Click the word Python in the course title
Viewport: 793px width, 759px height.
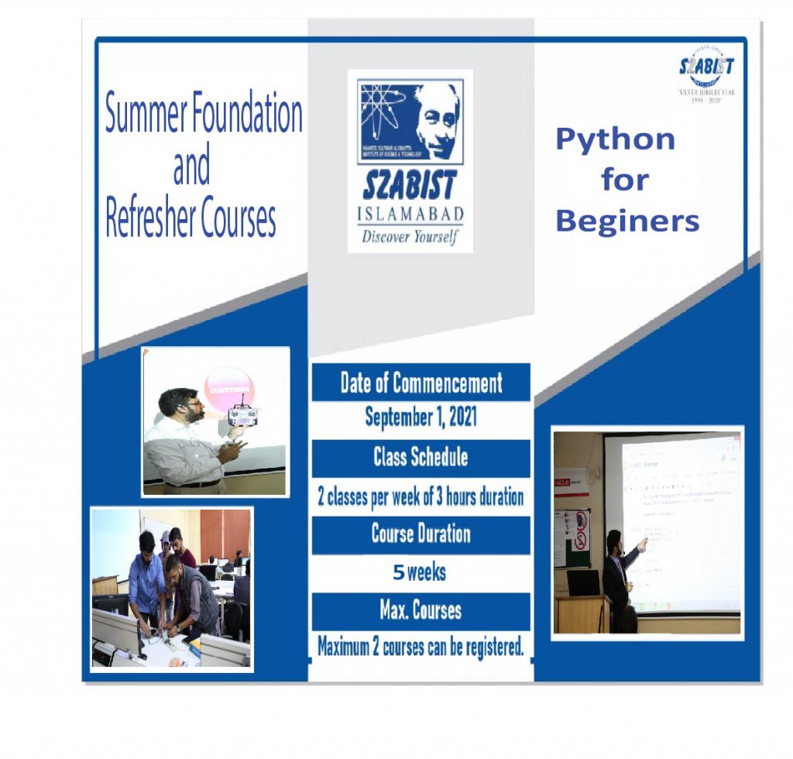pyautogui.click(x=615, y=140)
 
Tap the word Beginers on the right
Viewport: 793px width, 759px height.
pyautogui.click(x=627, y=222)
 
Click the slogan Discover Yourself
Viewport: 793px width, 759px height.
pyautogui.click(x=410, y=236)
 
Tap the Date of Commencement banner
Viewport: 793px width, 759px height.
pyautogui.click(x=421, y=383)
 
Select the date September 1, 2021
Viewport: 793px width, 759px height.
pyautogui.click(x=421, y=418)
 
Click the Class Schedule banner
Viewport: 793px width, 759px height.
pyautogui.click(x=421, y=457)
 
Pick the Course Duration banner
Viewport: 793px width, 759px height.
pyautogui.click(x=421, y=534)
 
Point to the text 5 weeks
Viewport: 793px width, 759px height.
pyautogui.click(x=419, y=573)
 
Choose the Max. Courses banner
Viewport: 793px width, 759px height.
pyautogui.click(x=421, y=611)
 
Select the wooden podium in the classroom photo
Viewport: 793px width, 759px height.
pyautogui.click(x=582, y=613)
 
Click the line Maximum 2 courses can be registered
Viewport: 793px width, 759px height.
pyautogui.click(x=421, y=647)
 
